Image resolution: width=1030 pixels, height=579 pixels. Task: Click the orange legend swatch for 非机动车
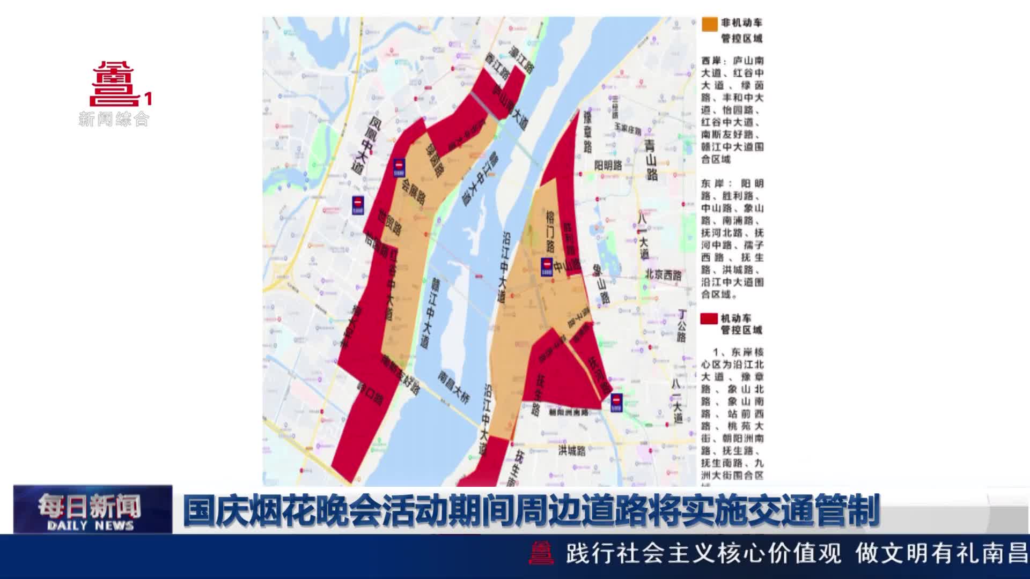tap(709, 24)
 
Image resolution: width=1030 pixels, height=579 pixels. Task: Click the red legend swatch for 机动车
tap(709, 318)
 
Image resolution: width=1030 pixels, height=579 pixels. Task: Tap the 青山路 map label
tap(651, 160)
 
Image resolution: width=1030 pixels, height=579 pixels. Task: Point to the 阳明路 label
tap(608, 166)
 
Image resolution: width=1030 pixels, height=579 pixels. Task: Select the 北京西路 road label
tap(663, 274)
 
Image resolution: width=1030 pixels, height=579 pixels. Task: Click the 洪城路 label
tap(572, 450)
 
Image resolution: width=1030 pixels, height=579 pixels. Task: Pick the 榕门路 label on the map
tap(550, 231)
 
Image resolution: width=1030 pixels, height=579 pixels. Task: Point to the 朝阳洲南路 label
tap(569, 413)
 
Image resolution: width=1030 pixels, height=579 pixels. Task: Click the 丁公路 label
tap(681, 325)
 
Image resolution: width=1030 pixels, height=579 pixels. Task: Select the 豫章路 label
tap(587, 131)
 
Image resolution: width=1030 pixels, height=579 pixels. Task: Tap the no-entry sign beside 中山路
tap(547, 266)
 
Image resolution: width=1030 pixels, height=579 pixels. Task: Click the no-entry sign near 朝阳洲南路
tap(616, 403)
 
